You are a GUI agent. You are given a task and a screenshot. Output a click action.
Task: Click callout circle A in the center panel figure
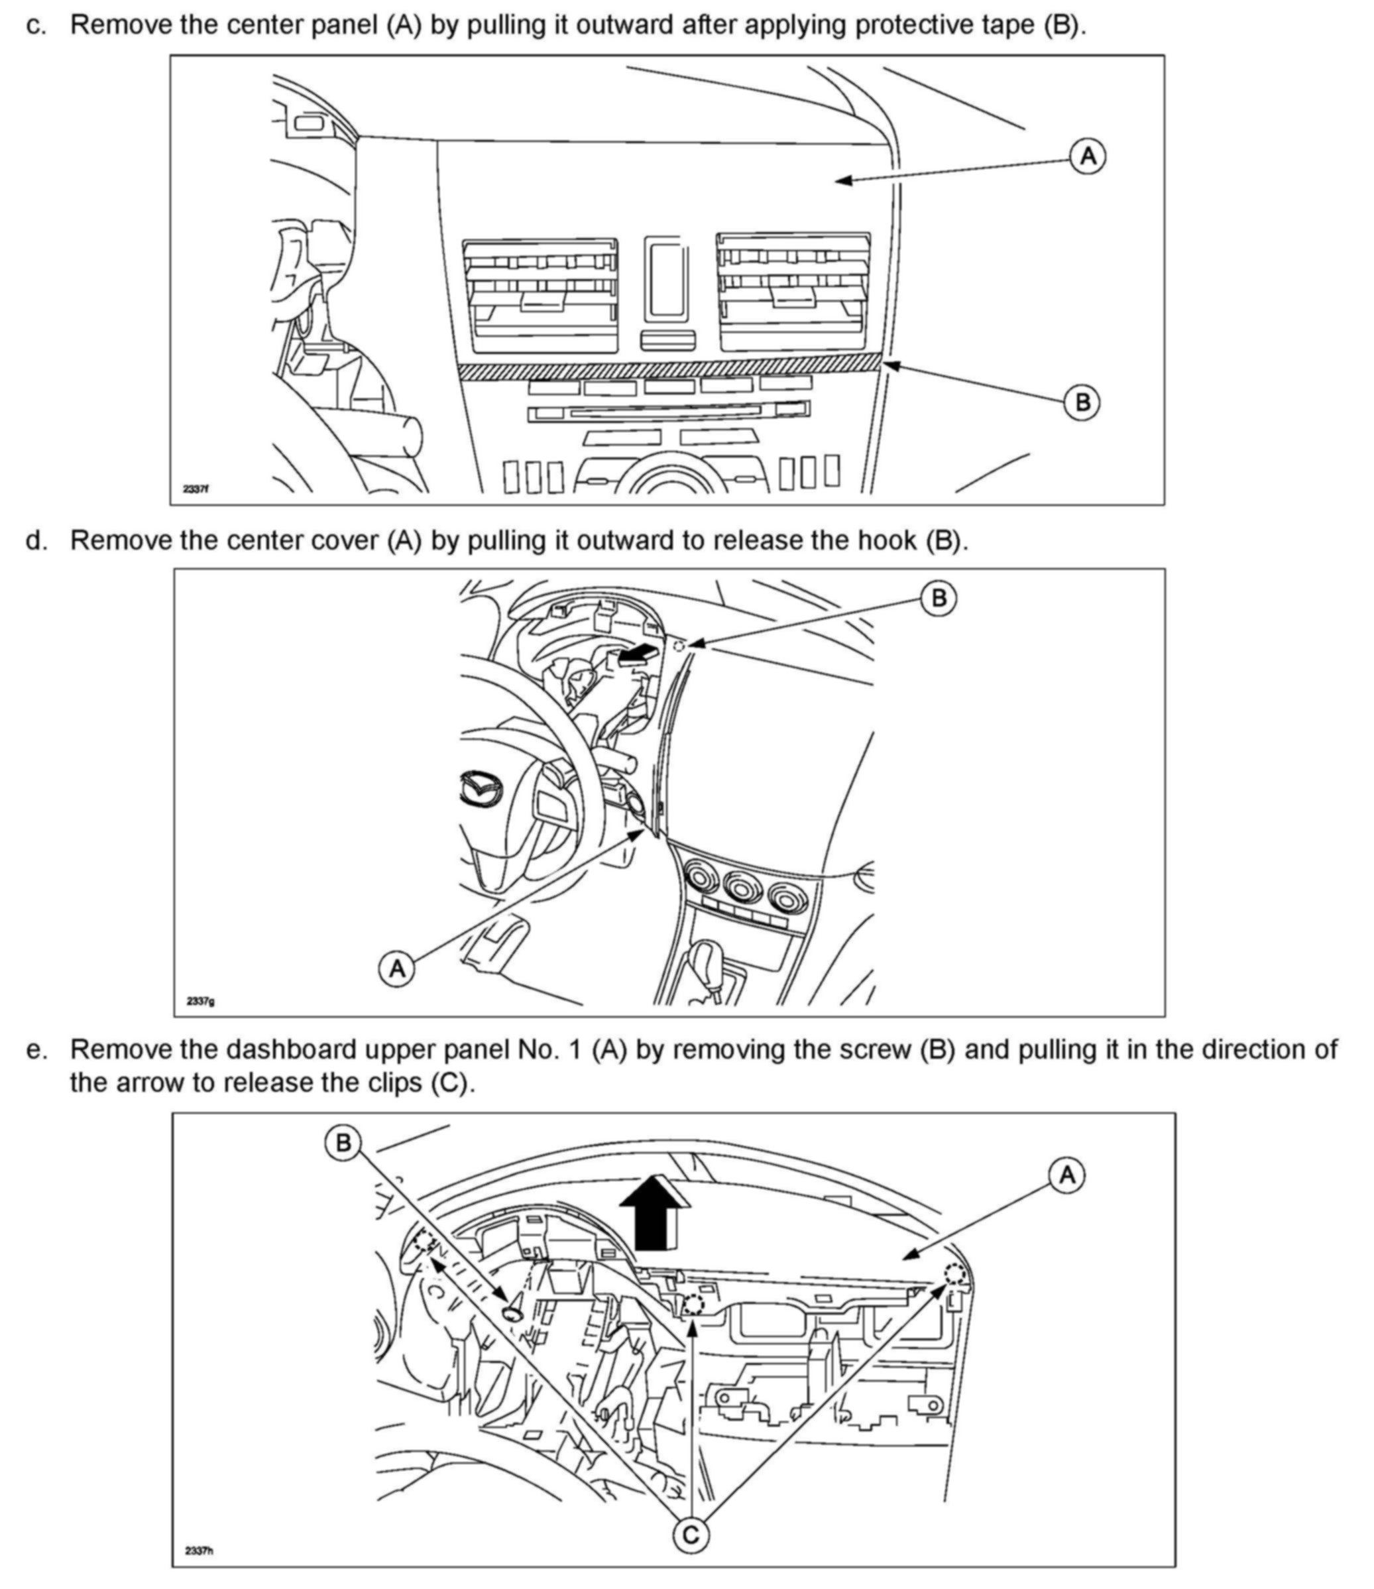coord(1087,157)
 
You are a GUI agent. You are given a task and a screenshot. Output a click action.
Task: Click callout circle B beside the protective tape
coord(1082,402)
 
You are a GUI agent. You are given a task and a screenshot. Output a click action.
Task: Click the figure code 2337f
coord(196,489)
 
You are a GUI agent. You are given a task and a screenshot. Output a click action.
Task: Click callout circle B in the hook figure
coord(939,597)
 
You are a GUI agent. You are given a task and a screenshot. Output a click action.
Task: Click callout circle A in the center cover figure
coord(397,969)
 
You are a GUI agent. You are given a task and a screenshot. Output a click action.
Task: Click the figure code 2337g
coord(200,1001)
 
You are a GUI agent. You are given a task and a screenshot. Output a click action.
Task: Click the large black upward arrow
coord(651,1212)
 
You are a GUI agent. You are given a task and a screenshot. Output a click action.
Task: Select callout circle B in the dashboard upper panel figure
coord(343,1144)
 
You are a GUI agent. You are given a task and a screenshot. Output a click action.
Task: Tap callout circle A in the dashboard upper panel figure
coord(1067,1175)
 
